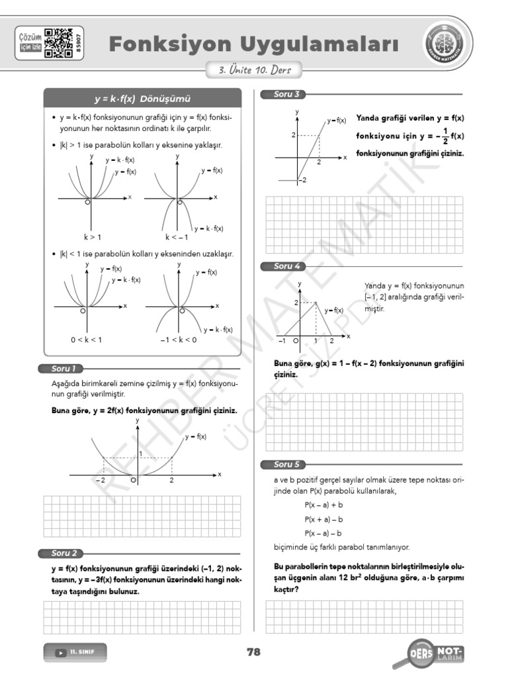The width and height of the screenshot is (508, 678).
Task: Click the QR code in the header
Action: pos(58,43)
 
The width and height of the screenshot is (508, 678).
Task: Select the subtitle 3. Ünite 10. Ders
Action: pos(254,70)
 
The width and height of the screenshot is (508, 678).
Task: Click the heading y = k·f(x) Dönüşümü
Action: pos(142,99)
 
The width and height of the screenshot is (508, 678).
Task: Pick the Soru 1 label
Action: pos(64,369)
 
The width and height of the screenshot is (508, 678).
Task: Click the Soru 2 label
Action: pos(64,553)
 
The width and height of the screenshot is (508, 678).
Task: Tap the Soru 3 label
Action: pos(286,94)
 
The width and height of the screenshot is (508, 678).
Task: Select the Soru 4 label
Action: pos(286,266)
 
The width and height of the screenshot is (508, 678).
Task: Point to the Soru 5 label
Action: pos(286,464)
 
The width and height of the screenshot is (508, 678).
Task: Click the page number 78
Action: pos(253,652)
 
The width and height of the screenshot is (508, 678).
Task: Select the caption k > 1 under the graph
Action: pos(92,236)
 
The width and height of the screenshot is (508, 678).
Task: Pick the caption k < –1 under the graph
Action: pos(177,236)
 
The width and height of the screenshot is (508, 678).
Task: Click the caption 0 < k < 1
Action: pos(87,339)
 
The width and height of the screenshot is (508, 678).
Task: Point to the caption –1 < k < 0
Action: pos(178,339)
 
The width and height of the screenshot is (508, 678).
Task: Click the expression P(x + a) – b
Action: pos(323,519)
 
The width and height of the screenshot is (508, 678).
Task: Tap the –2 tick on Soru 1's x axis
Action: pos(101,481)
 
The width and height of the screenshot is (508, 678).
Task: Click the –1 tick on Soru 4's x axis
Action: pos(282,341)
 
